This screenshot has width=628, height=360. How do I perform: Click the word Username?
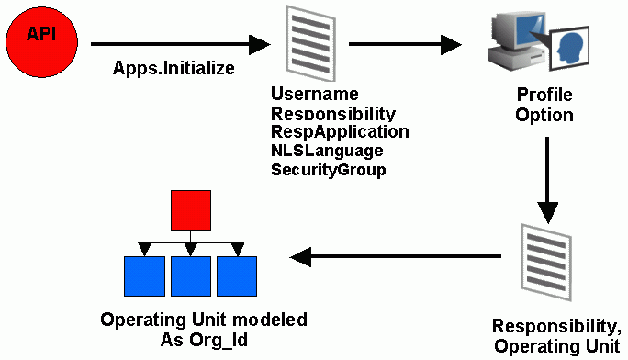tap(314, 95)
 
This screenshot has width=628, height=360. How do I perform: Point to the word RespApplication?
tap(339, 131)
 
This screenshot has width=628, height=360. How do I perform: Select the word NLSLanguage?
tap(326, 150)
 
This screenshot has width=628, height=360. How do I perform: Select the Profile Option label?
tap(544, 105)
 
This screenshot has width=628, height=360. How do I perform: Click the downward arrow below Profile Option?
tap(548, 180)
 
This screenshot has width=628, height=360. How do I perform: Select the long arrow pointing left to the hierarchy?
tap(395, 258)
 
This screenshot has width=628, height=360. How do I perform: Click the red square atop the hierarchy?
tap(191, 210)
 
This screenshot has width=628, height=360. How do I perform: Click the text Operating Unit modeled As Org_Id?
tap(203, 330)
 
